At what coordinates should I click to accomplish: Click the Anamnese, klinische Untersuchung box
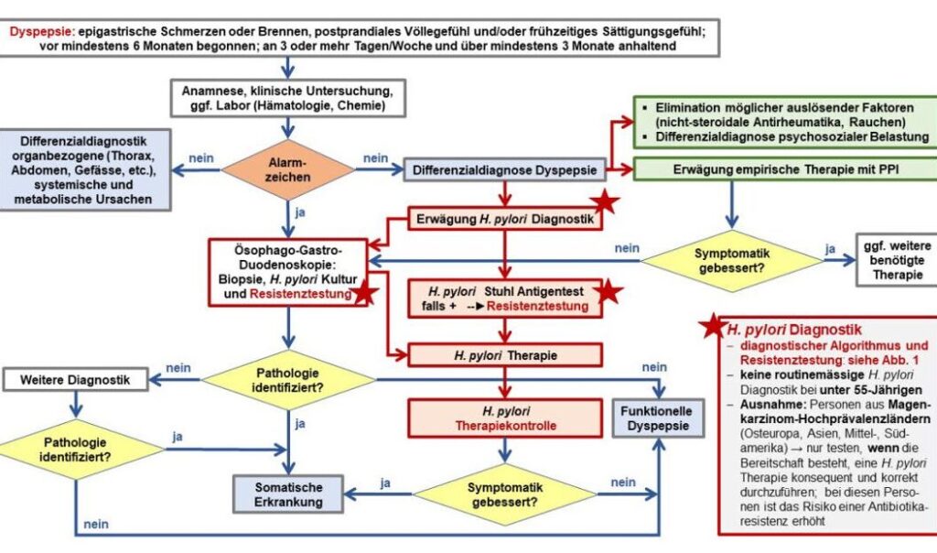[x=288, y=99]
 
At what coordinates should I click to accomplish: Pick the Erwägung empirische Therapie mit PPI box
[x=785, y=170]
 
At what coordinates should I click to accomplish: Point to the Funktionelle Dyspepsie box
[x=657, y=420]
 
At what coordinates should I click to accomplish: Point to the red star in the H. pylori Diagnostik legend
[x=711, y=328]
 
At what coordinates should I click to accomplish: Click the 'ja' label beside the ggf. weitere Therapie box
[x=830, y=247]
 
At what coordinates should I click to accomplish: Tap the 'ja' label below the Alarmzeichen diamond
[x=301, y=211]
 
